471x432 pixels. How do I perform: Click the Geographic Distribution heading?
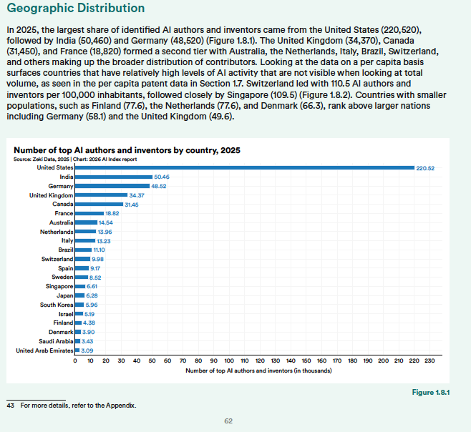[74, 9]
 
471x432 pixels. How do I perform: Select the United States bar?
[244, 167]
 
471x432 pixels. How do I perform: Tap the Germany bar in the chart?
[112, 185]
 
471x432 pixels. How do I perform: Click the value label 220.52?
[426, 167]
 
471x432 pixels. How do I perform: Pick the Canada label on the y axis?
[62, 204]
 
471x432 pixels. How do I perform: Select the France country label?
[64, 213]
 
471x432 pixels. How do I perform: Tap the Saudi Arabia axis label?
[54, 341]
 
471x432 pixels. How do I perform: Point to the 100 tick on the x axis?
[229, 361]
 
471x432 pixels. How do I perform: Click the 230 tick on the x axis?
[429, 361]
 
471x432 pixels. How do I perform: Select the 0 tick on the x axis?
[75, 361]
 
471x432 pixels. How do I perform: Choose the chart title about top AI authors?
[127, 149]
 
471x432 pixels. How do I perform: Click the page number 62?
[228, 421]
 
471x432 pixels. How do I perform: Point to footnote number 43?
[11, 406]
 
